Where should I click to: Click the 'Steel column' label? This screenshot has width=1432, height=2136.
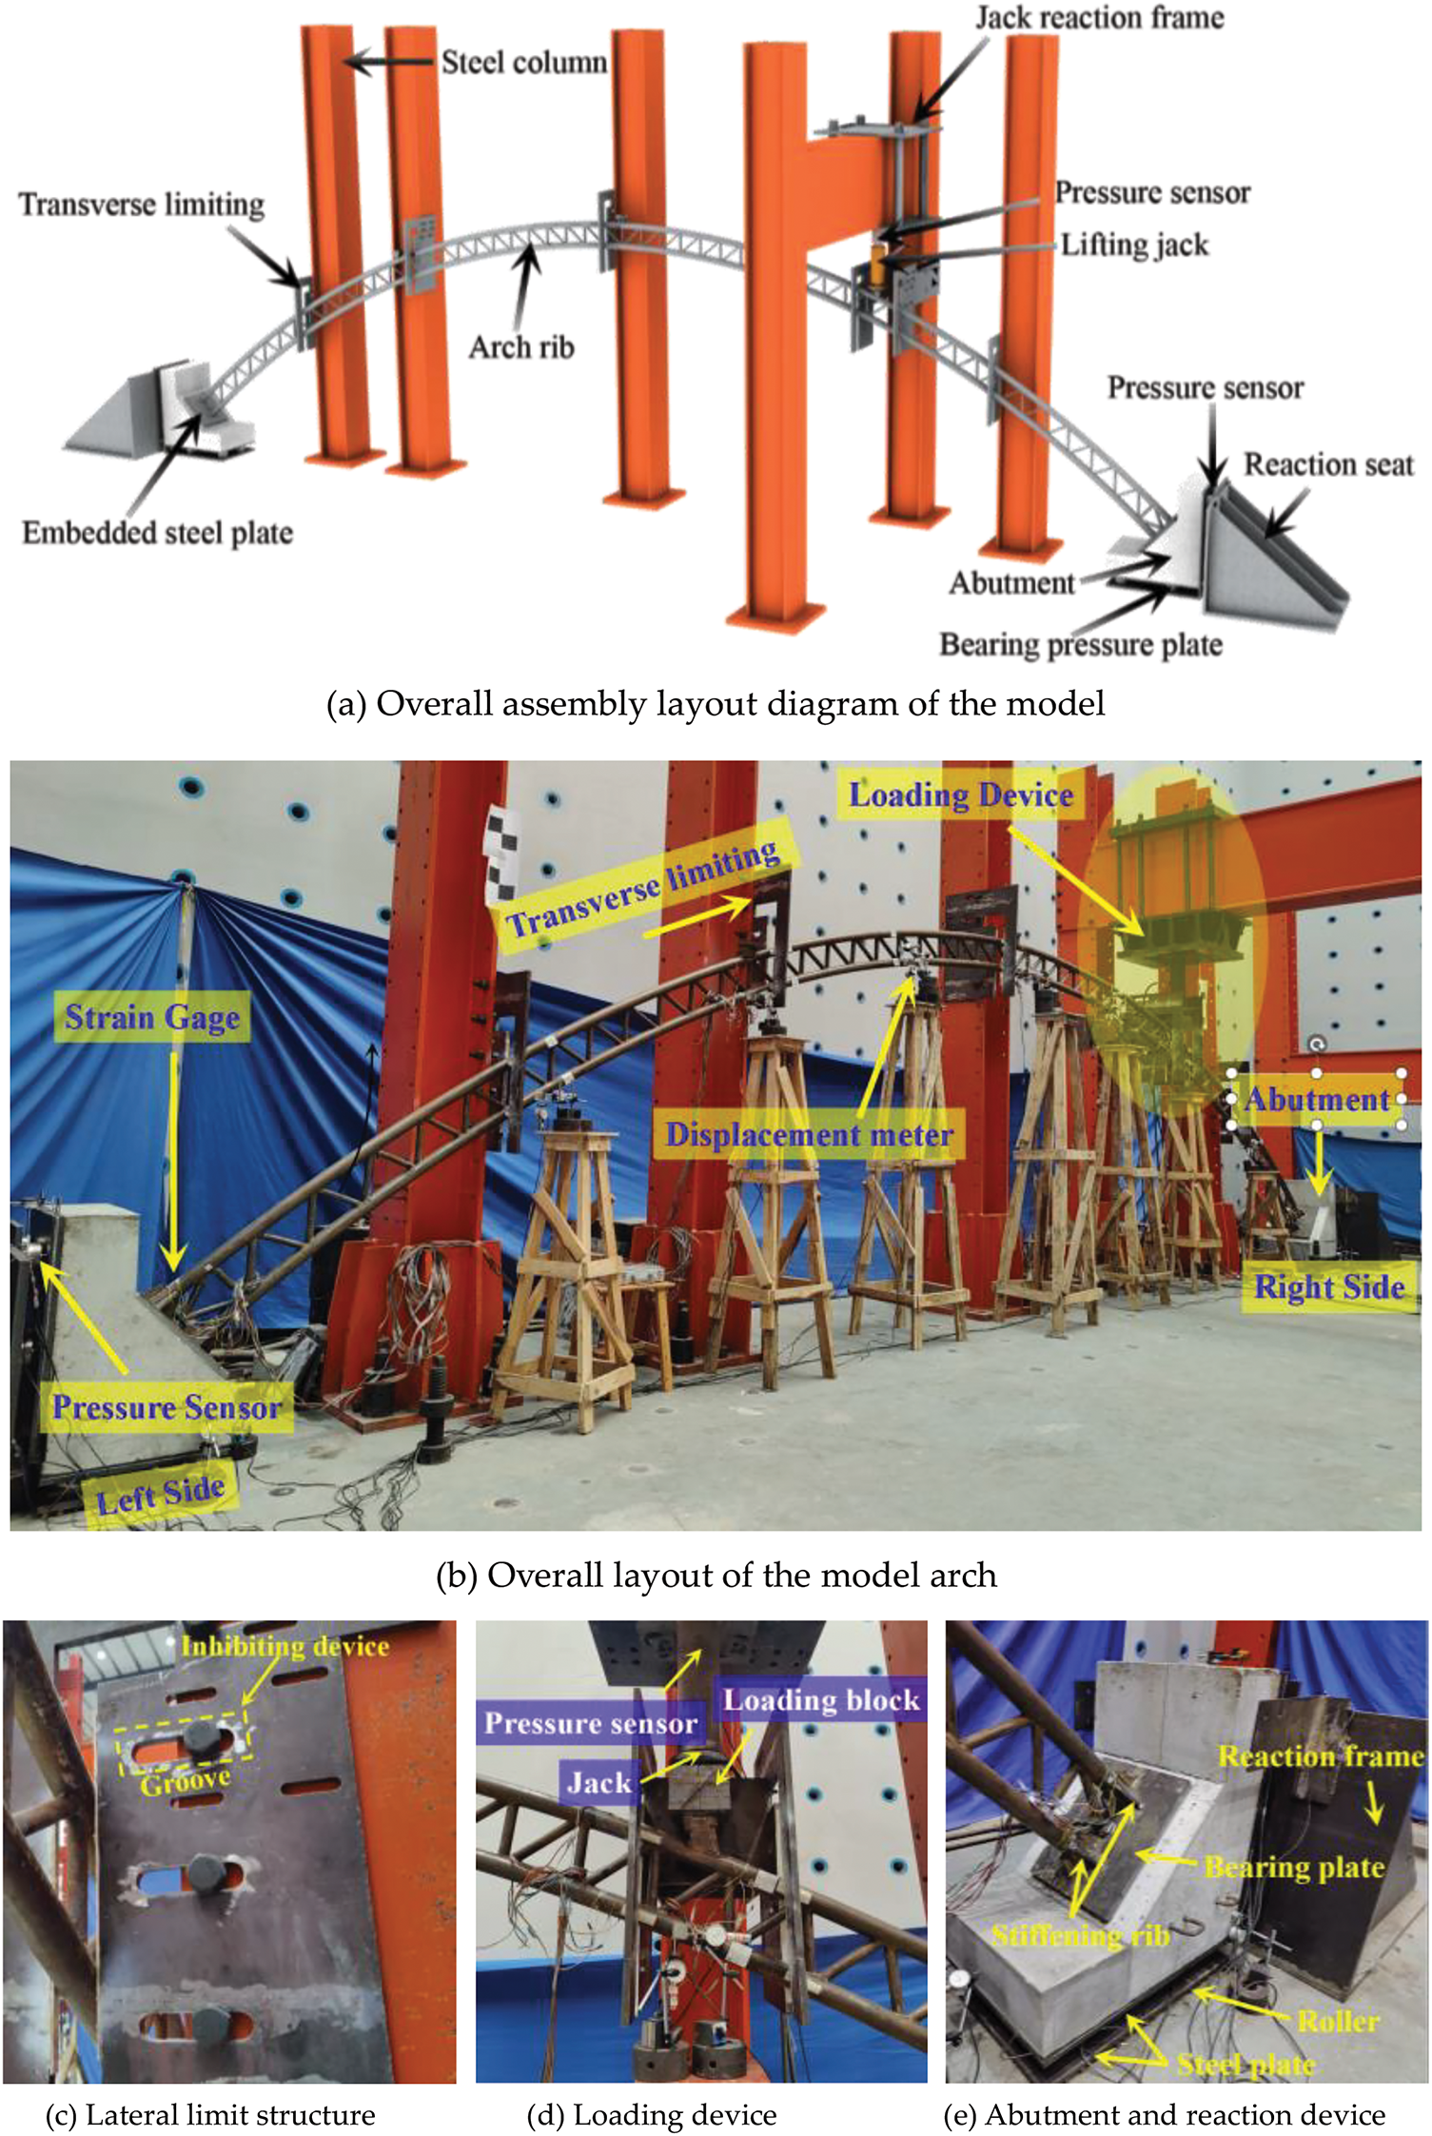click(524, 63)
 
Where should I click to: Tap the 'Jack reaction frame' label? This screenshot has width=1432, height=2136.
click(1100, 18)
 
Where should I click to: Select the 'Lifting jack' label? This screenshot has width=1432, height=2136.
click(1134, 245)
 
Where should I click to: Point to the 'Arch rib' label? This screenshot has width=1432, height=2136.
click(521, 347)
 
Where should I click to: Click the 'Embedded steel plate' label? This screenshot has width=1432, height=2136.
click(158, 533)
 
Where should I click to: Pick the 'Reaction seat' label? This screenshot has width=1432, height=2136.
click(1329, 465)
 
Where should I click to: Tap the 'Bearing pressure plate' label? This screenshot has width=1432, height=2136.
click(1081, 645)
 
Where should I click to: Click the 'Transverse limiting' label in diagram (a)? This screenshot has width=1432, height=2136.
click(142, 206)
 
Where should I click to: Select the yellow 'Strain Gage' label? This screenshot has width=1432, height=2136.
click(152, 1018)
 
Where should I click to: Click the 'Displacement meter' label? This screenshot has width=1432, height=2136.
click(809, 1134)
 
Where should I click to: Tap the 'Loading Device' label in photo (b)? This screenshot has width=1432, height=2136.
click(961, 795)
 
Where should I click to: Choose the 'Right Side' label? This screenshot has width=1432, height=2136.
click(1329, 1287)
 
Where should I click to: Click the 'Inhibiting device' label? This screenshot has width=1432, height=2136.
click(285, 1646)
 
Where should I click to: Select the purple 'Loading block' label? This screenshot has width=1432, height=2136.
click(822, 1699)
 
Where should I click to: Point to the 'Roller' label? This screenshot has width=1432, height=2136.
click(1339, 2021)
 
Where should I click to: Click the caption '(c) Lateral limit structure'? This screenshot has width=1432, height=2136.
click(210, 2114)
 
